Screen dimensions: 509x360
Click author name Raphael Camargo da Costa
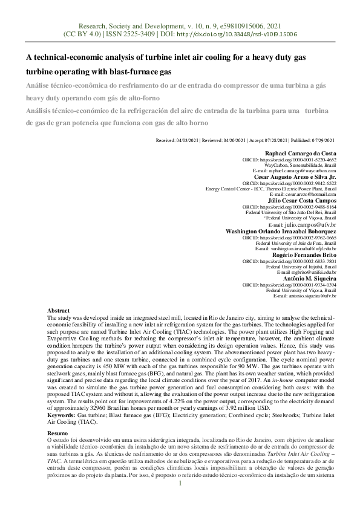pos(301,154)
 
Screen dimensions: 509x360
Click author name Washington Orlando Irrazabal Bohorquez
pos(281,231)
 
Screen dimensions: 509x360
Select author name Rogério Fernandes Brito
pos(305,255)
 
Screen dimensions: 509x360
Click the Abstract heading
pos(59,310)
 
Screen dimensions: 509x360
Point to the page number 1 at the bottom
pos(180,483)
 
